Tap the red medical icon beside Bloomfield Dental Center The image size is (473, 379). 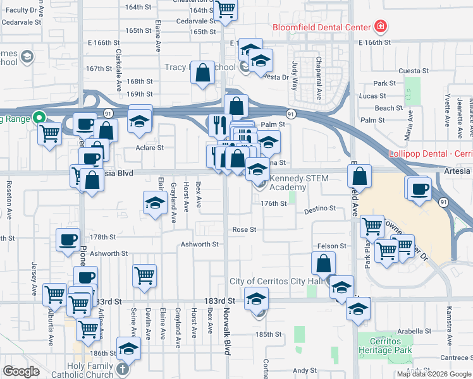click(x=381, y=27)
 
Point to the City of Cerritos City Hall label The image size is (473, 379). click(x=277, y=281)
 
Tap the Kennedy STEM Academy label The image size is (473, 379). click(x=299, y=183)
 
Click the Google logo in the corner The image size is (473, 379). click(x=21, y=371)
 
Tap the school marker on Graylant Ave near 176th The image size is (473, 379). click(x=154, y=203)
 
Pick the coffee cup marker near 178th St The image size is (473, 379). click(x=68, y=239)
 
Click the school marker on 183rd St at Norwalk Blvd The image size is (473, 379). click(x=256, y=298)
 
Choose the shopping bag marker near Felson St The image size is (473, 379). click(x=323, y=263)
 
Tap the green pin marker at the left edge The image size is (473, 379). click(x=38, y=117)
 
